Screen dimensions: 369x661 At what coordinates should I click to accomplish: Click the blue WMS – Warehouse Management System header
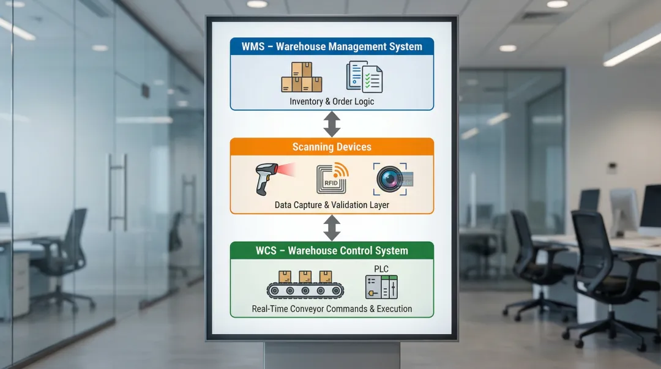[x=332, y=47]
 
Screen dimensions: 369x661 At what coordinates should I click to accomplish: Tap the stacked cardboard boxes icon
[x=301, y=78]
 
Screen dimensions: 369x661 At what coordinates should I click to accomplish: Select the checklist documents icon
[x=364, y=77]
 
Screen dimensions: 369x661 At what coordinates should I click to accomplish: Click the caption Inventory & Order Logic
[x=332, y=102]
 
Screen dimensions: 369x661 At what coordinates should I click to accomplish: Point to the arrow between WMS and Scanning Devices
[x=332, y=124]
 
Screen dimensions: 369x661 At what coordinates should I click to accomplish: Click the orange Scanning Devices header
[x=332, y=147]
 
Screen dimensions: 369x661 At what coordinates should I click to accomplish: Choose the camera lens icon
[x=392, y=179]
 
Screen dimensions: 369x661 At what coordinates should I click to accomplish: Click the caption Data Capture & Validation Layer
[x=332, y=205]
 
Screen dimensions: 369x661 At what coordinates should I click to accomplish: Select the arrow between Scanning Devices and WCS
[x=332, y=228]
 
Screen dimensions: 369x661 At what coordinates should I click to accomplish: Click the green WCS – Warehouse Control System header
[x=332, y=250]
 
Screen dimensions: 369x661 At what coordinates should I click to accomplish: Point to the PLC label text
[x=381, y=269]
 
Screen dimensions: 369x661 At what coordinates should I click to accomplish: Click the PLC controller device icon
[x=381, y=287]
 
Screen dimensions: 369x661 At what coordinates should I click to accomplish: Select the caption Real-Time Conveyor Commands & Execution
[x=332, y=309]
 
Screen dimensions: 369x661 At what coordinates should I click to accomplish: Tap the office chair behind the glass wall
[x=64, y=257]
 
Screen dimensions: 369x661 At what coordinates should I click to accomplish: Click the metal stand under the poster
[x=332, y=355]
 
